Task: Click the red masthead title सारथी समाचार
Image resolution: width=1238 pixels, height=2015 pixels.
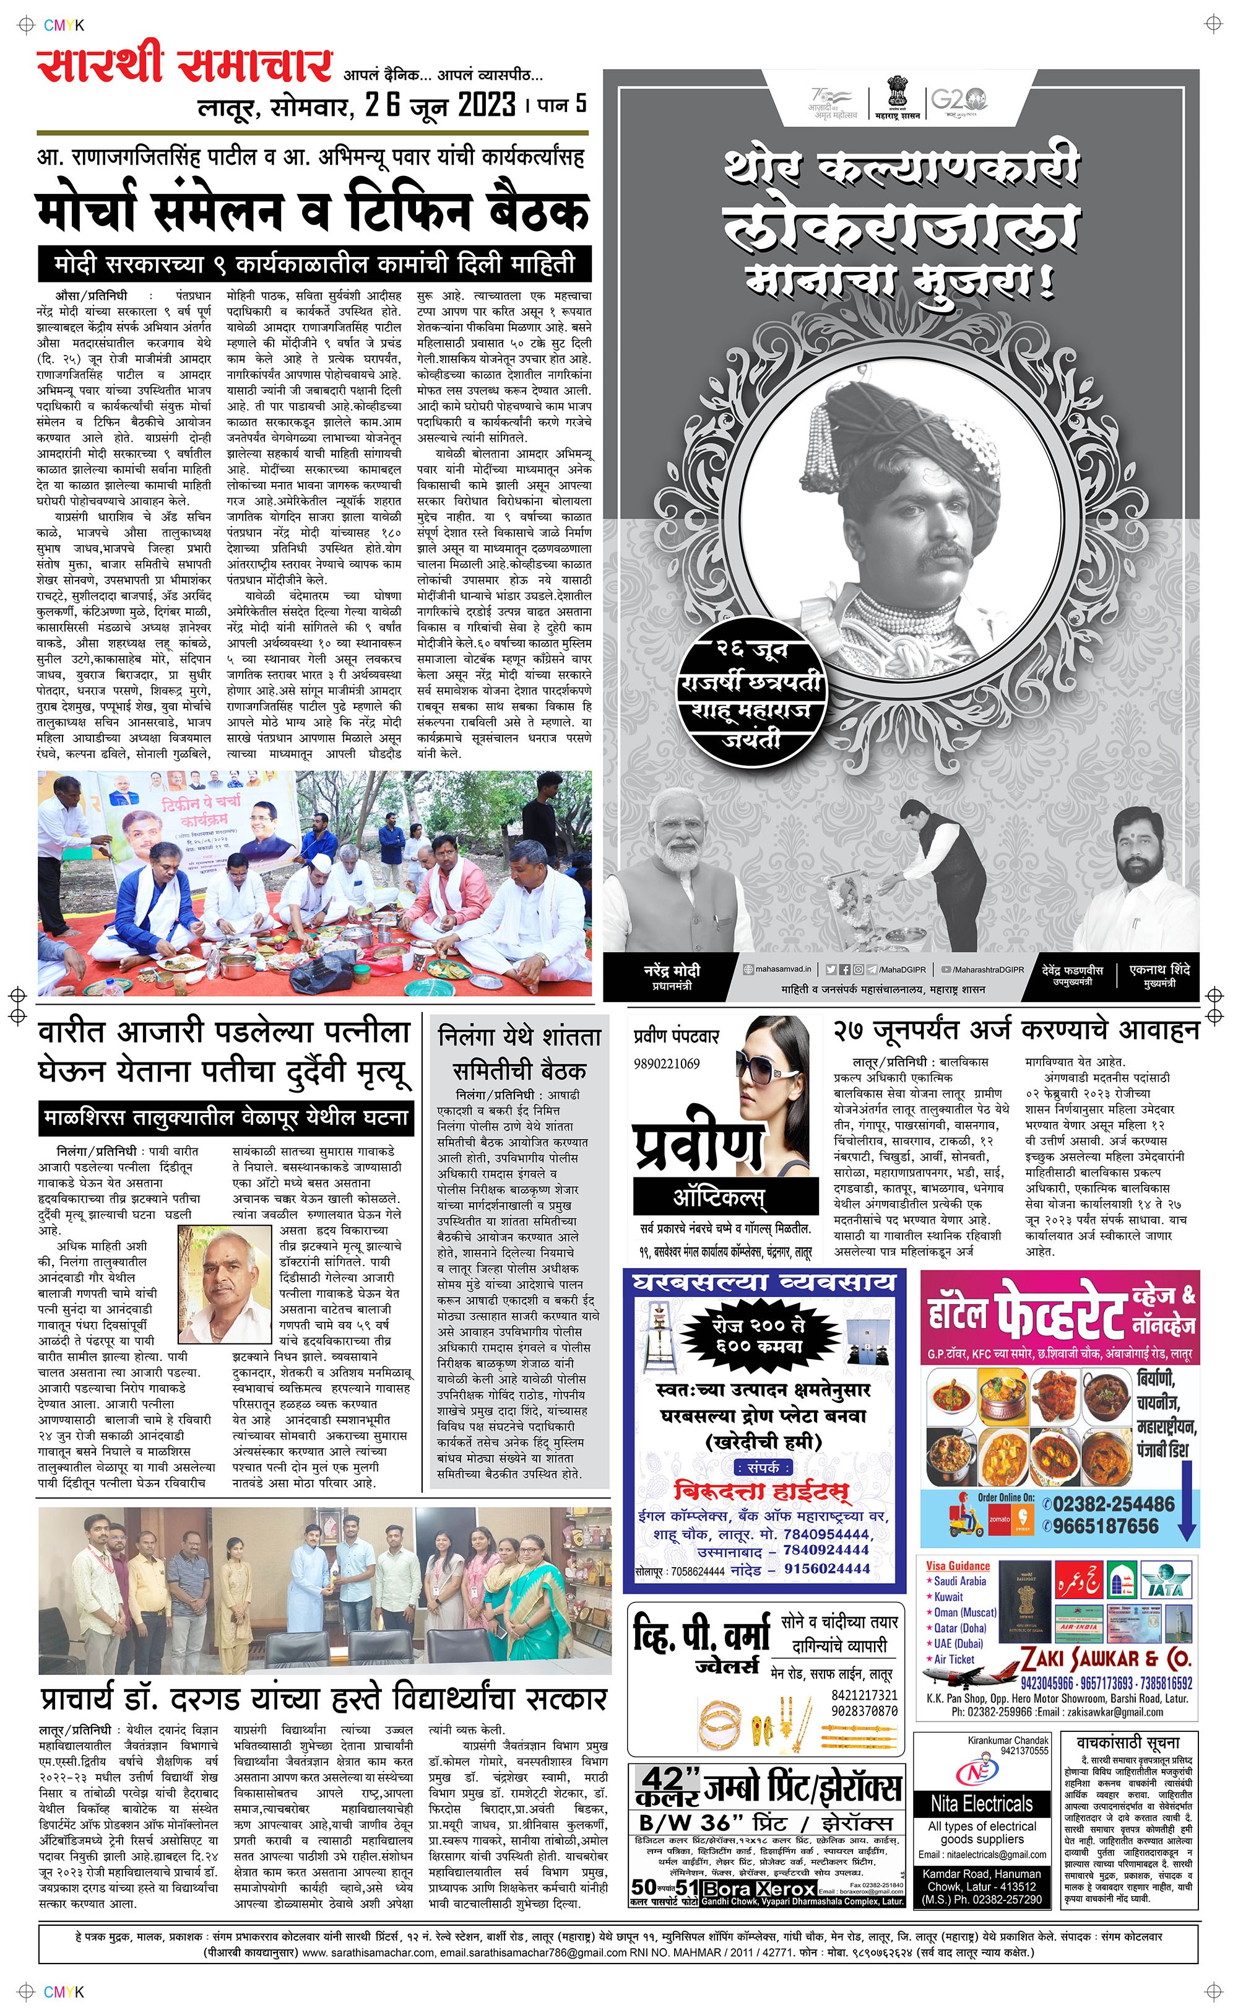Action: tap(185, 66)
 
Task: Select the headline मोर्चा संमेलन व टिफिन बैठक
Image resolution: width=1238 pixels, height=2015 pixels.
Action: tap(313, 211)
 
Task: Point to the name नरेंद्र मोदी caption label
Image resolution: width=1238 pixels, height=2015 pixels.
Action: tap(672, 971)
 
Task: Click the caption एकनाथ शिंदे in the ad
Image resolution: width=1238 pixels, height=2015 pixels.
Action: tap(1159, 970)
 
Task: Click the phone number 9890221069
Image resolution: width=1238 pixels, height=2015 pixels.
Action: tap(667, 1064)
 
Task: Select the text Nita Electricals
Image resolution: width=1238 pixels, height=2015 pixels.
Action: tap(982, 1804)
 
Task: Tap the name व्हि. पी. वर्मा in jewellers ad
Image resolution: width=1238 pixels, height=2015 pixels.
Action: tap(701, 1636)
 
